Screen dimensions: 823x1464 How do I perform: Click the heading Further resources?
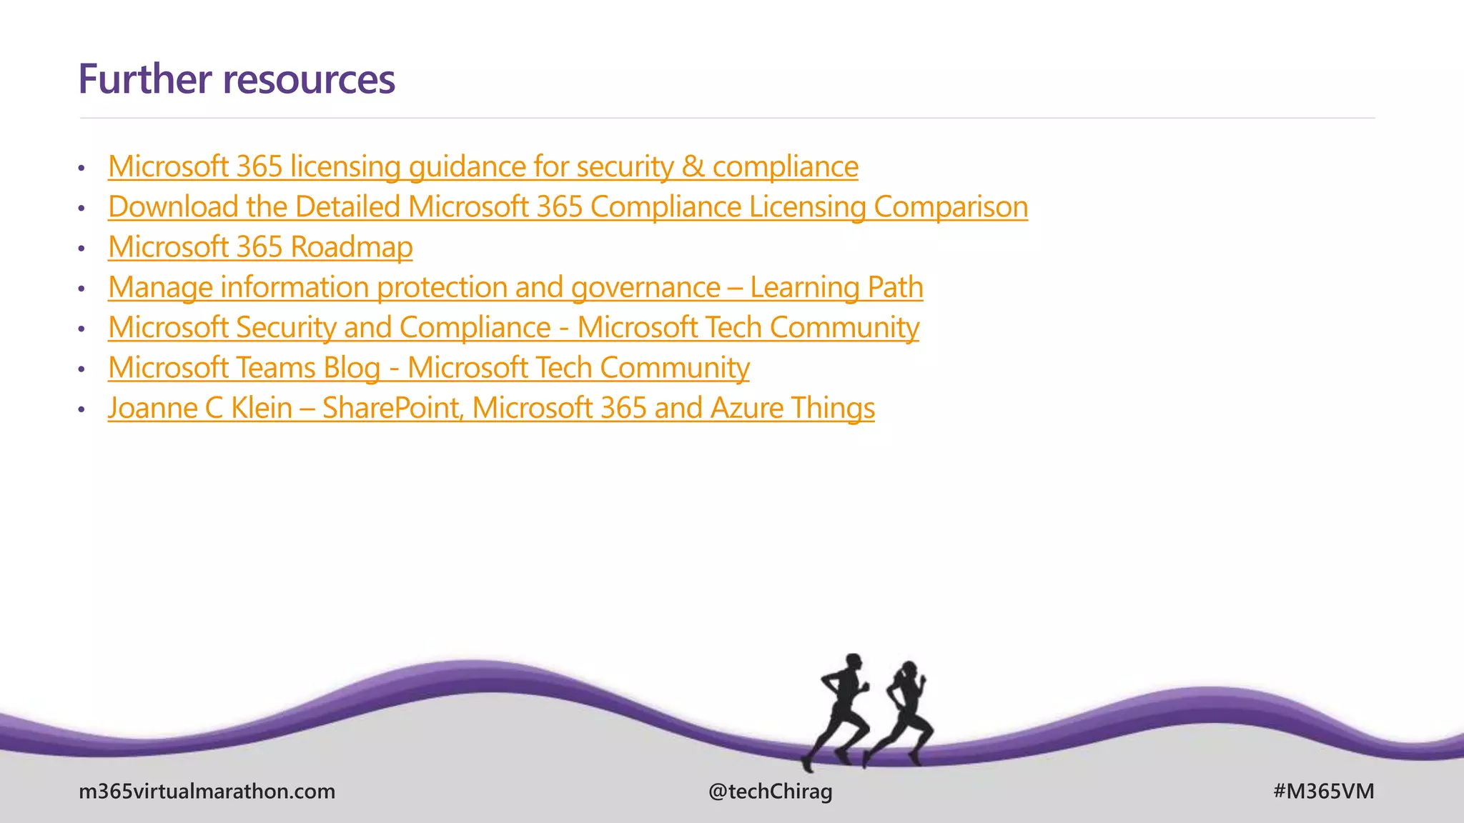click(x=236, y=79)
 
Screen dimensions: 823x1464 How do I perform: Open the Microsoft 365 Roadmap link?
click(x=260, y=247)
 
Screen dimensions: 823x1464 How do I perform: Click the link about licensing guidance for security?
click(x=483, y=166)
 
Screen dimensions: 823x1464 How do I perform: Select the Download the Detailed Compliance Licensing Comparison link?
click(x=568, y=207)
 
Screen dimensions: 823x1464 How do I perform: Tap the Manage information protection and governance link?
click(x=515, y=287)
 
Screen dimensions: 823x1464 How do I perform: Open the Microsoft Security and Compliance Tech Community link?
click(x=513, y=328)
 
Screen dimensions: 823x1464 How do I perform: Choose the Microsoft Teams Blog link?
click(x=428, y=368)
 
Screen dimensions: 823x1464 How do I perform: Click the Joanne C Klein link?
click(x=490, y=408)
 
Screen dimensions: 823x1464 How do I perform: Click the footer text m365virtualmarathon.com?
click(x=207, y=792)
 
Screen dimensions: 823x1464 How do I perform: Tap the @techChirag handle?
click(x=770, y=792)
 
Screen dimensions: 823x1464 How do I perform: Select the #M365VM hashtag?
click(x=1323, y=792)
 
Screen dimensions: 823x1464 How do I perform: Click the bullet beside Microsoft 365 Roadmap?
click(x=81, y=249)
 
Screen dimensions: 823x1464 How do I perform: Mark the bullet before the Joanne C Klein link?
click(x=81, y=410)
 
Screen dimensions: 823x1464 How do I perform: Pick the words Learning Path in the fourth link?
click(x=836, y=287)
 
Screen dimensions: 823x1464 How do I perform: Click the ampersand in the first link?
click(x=692, y=166)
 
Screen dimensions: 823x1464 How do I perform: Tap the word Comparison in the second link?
click(x=951, y=207)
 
